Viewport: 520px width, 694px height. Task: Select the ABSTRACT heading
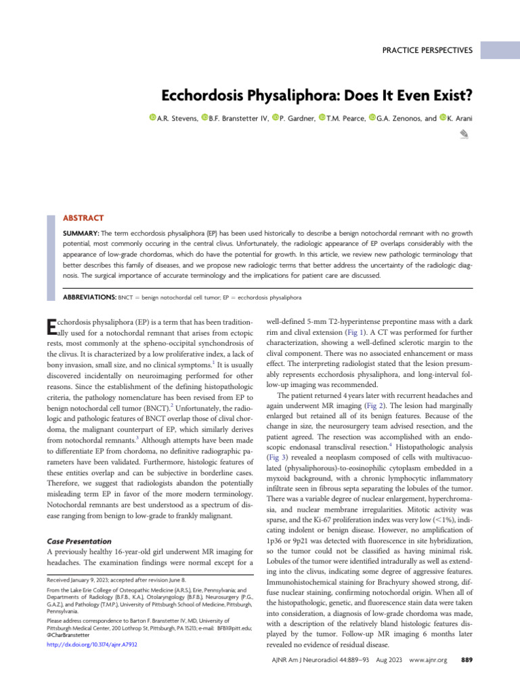click(83, 218)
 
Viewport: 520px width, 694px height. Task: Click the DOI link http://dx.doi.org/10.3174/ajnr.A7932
click(91, 645)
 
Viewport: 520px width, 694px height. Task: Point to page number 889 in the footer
click(466, 659)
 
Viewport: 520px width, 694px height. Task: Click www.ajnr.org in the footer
click(429, 659)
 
